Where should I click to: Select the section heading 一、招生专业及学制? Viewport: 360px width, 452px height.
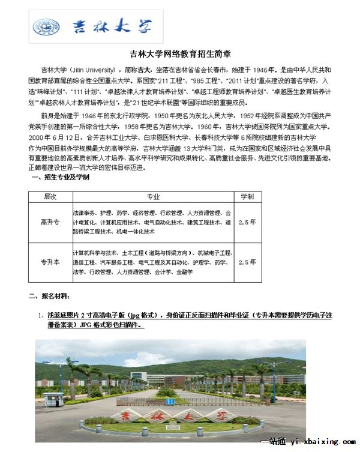pos(59,178)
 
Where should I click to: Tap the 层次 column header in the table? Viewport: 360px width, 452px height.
pos(50,197)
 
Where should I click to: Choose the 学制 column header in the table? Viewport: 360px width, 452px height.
pos(247,197)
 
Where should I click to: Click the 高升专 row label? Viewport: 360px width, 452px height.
pos(50,221)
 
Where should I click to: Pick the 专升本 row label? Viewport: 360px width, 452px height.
pos(50,262)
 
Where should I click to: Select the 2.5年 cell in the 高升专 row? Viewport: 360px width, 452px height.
pos(247,221)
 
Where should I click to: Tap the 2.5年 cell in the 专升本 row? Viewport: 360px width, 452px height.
pos(247,262)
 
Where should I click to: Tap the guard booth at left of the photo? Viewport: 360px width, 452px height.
pos(52,402)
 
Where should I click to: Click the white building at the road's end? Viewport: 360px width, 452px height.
pos(168,380)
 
